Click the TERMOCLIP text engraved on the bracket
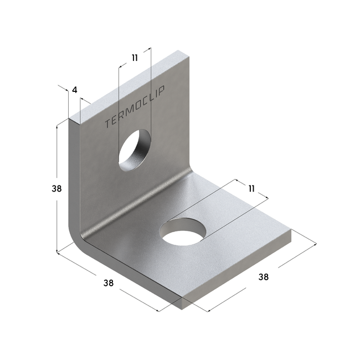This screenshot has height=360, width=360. [135, 107]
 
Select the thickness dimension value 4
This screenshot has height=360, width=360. [75, 90]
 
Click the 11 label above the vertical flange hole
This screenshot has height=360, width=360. [135, 58]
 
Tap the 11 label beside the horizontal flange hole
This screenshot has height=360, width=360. [251, 189]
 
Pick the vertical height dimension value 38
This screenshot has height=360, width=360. [56, 189]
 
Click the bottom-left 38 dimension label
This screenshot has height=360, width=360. [108, 283]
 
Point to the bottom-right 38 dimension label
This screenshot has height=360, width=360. [263, 277]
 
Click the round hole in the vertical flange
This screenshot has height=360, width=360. [135, 151]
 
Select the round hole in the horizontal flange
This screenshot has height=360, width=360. [183, 232]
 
